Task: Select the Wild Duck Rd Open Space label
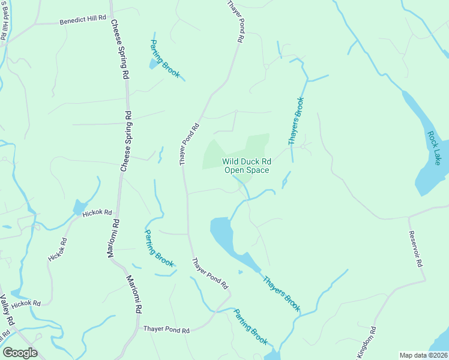coord(247,166)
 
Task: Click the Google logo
coord(20,352)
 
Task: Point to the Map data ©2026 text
coord(424,355)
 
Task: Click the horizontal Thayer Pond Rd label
coord(166,330)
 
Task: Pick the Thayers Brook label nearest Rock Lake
coord(297,121)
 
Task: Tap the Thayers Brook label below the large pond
coord(280,293)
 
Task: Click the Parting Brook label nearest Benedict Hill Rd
coord(164,58)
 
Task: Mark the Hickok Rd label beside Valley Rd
coord(25,303)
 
